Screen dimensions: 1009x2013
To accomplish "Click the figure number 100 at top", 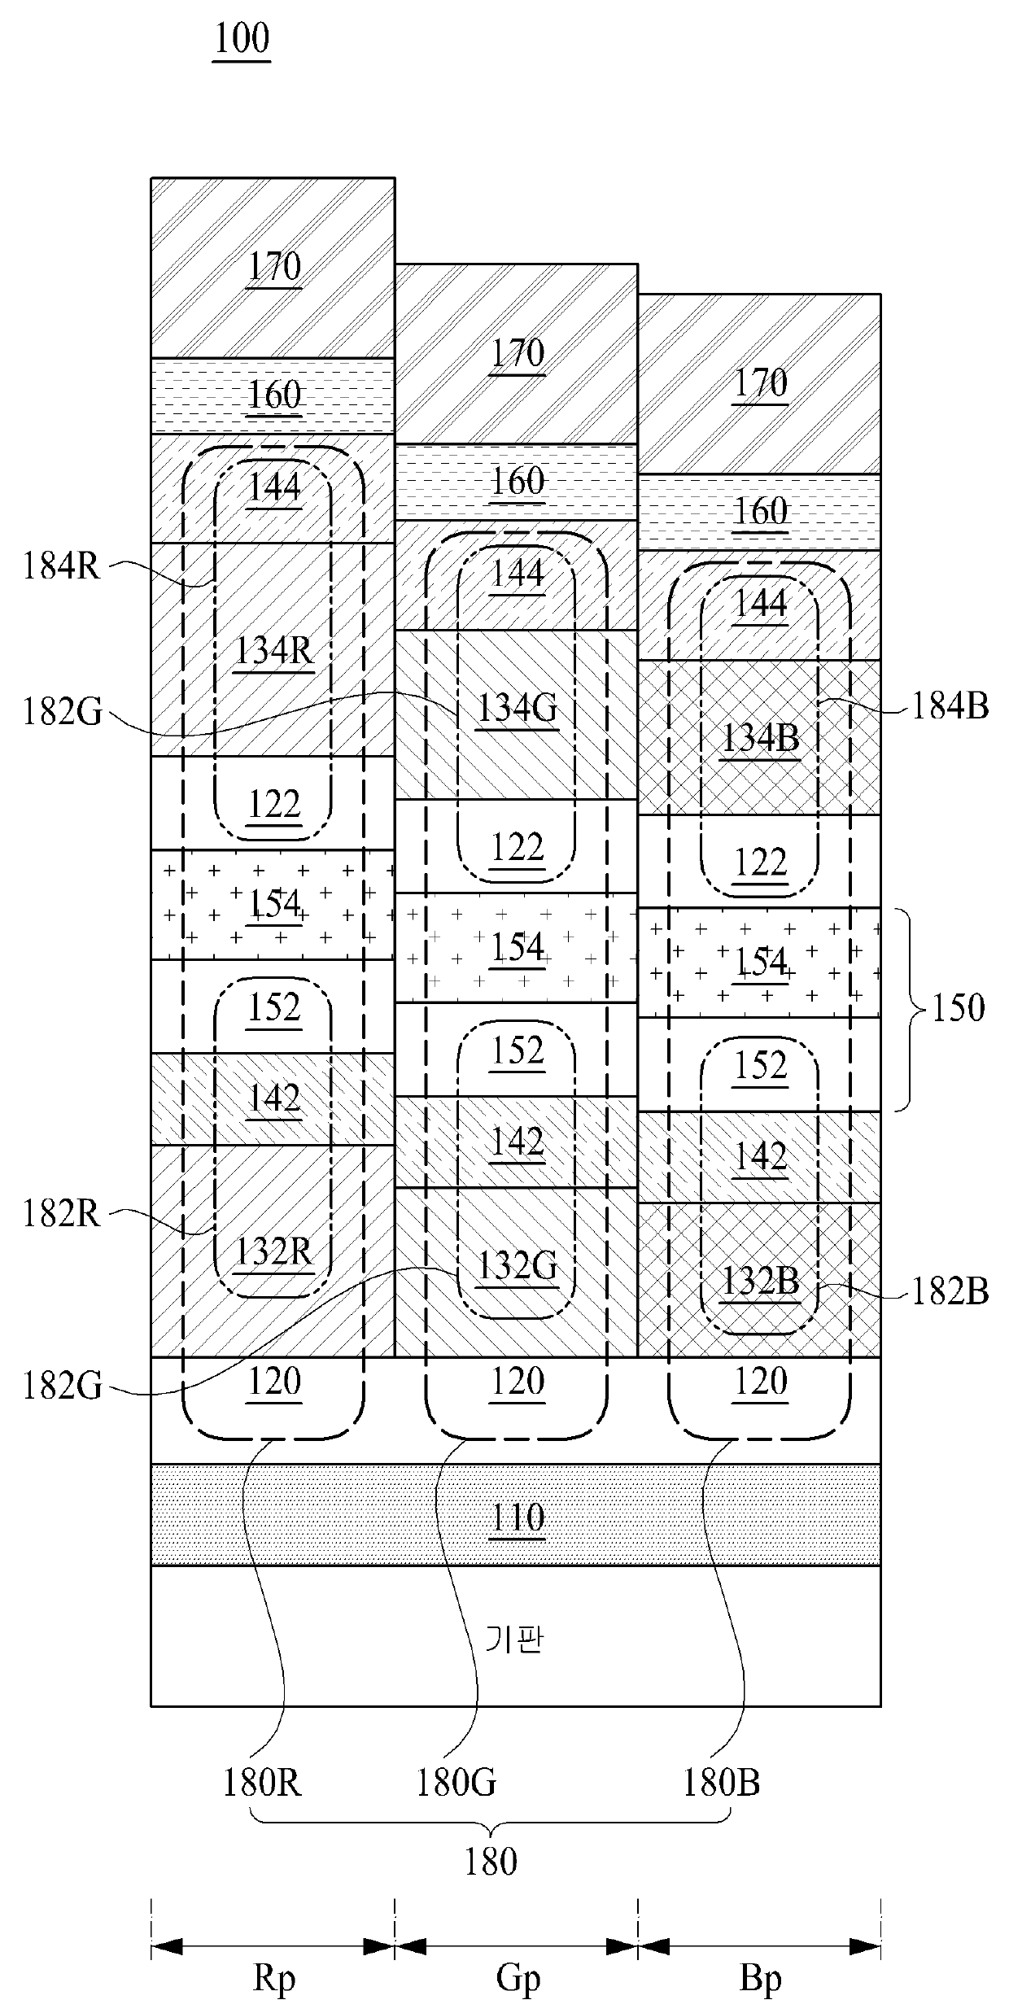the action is pyautogui.click(x=242, y=38).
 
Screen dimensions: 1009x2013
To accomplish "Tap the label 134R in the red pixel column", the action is pyautogui.click(x=273, y=651).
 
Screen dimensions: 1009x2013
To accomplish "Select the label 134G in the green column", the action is pyautogui.click(x=517, y=709).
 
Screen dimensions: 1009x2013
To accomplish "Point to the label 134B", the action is pyautogui.click(x=760, y=738).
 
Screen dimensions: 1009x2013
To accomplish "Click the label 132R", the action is pyautogui.click(x=273, y=1251).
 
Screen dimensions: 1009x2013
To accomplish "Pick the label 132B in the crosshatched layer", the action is pyautogui.click(x=760, y=1282).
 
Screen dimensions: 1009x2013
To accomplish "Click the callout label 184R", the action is pyautogui.click(x=61, y=567).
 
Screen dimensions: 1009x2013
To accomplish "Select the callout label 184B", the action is pyautogui.click(x=950, y=707).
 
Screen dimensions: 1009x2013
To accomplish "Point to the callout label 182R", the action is pyautogui.click(x=61, y=1214).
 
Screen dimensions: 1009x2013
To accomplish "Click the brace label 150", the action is pyautogui.click(x=959, y=1008).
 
